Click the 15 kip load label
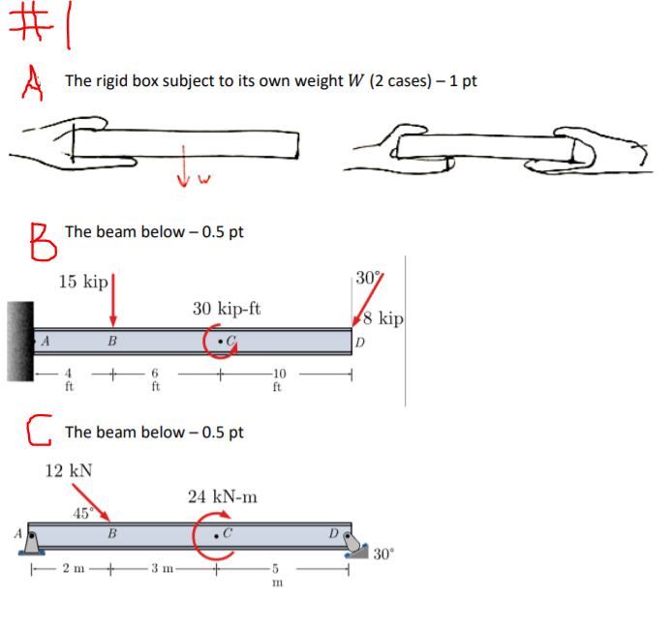click(82, 282)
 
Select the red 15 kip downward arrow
click(113, 301)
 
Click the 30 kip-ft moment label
click(226, 309)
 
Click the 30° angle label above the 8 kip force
click(367, 278)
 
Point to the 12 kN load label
click(69, 470)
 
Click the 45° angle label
click(83, 513)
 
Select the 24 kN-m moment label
click(223, 497)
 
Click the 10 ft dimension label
click(278, 380)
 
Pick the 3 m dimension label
click(162, 569)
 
